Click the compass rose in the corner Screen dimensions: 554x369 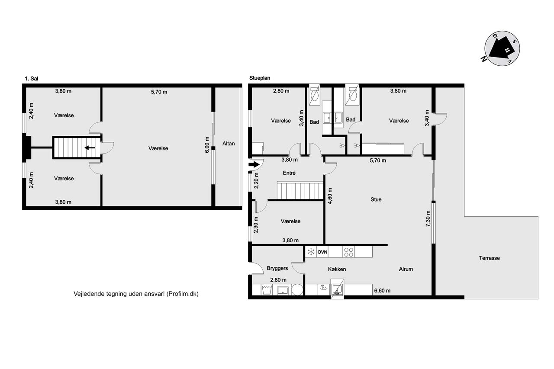[x=502, y=48]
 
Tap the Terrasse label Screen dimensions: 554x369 [x=489, y=258]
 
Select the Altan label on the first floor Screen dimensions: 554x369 [x=229, y=144]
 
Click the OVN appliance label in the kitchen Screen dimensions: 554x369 [x=322, y=252]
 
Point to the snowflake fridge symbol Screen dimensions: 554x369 [x=311, y=252]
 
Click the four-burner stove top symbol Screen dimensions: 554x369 [x=349, y=252]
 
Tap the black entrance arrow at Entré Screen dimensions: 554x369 [x=254, y=165]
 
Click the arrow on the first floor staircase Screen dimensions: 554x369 [x=90, y=148]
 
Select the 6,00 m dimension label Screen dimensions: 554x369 [x=207, y=145]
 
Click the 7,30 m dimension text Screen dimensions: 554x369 [x=428, y=218]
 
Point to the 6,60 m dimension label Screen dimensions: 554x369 [x=382, y=291]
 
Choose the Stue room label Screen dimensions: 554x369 [x=376, y=199]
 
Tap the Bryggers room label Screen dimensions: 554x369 [x=277, y=268]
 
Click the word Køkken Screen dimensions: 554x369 [x=337, y=269]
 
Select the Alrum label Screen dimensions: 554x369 [x=406, y=269]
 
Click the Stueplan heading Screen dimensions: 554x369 [x=260, y=78]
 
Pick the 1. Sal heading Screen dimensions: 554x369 [x=32, y=79]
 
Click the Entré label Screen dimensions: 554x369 [x=289, y=173]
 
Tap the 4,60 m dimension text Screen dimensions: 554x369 [x=330, y=196]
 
